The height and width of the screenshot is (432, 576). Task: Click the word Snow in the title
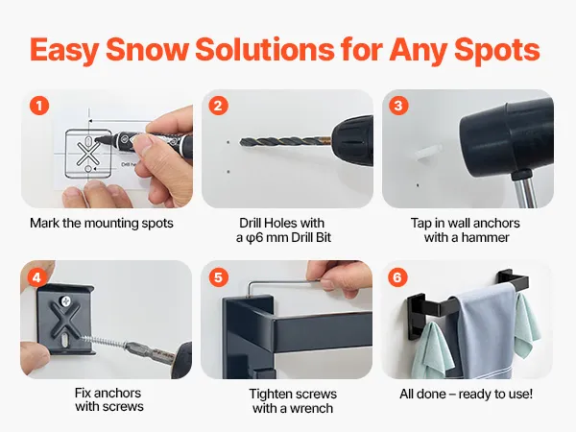coord(147,49)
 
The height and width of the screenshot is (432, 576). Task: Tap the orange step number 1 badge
coord(39,106)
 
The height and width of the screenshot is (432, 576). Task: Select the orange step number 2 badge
coord(219,106)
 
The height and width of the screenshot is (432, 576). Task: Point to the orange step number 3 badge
coord(398,106)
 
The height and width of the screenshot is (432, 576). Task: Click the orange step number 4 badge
coord(36,277)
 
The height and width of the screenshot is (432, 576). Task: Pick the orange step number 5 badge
coord(219,277)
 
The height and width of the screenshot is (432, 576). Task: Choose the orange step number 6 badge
coord(397,277)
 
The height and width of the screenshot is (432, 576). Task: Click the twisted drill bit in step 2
coord(285,142)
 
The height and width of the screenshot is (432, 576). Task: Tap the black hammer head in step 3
coord(507,134)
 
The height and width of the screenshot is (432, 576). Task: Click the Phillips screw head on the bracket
coord(66,301)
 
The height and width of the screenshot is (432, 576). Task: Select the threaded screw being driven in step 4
coord(105,341)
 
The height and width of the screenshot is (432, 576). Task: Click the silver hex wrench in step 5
coord(283,282)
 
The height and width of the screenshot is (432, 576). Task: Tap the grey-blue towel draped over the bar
coord(485,330)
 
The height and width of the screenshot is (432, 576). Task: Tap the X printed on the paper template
coord(87,154)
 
